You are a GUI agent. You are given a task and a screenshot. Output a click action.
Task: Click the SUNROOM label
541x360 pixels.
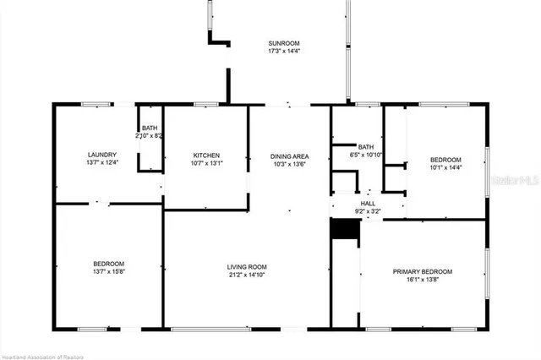click(284, 43)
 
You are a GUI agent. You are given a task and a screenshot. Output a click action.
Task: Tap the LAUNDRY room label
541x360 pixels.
click(102, 155)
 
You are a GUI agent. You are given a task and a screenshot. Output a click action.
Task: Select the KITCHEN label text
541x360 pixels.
click(206, 155)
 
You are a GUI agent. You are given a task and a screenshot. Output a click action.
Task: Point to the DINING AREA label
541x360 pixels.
click(289, 156)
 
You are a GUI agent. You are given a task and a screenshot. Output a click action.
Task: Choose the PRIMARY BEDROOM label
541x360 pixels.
click(422, 271)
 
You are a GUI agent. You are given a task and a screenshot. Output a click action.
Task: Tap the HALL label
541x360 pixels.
click(368, 204)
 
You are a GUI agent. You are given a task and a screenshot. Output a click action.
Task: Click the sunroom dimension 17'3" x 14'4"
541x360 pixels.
click(284, 51)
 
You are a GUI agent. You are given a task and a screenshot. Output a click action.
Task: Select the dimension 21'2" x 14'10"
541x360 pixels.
click(247, 276)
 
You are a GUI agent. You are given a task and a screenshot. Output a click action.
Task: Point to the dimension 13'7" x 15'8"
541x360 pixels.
click(108, 270)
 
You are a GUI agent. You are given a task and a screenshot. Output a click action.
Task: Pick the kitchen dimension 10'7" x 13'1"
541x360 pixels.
click(206, 163)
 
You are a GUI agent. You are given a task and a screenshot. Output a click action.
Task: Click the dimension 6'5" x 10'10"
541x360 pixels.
click(367, 155)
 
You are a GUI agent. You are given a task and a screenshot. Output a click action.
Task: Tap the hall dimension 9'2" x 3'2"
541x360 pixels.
click(368, 211)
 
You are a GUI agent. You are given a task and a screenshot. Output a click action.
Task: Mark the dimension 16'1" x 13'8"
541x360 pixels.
click(422, 279)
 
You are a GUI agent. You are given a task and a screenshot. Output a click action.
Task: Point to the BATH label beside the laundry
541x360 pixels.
click(149, 128)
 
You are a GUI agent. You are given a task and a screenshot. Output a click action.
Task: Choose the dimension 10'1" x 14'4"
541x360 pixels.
click(445, 167)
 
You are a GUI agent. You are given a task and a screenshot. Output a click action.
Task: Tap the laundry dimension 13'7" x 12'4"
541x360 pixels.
click(102, 162)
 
